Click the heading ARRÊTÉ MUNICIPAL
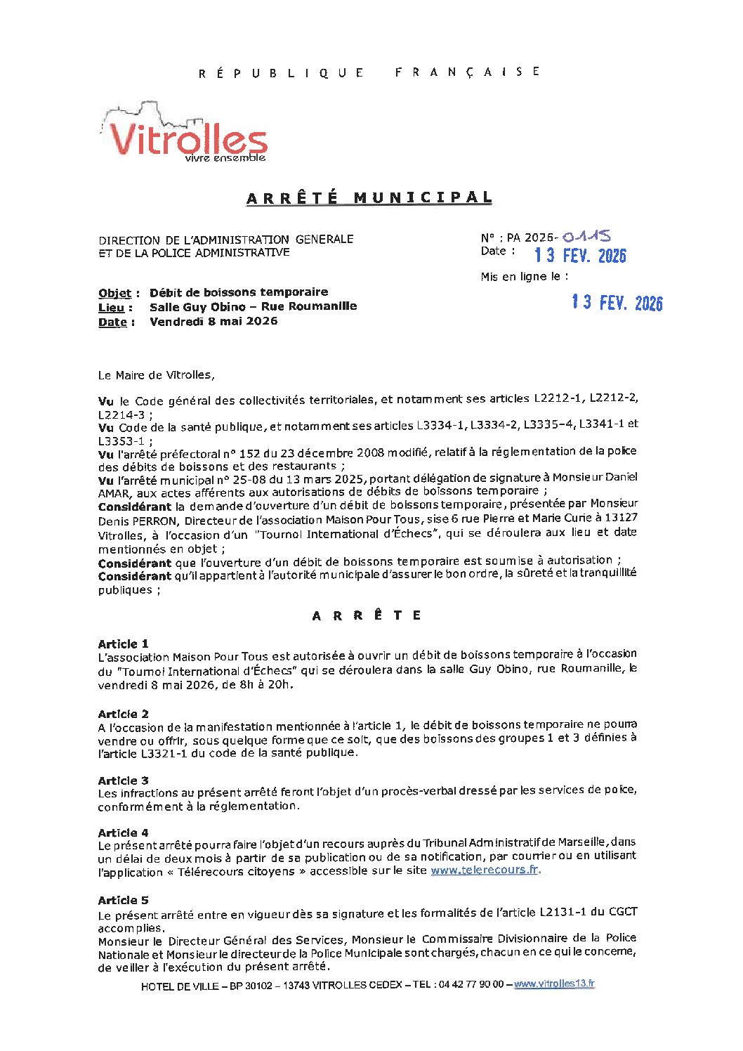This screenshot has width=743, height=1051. point(369,198)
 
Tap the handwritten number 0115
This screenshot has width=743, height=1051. point(586,237)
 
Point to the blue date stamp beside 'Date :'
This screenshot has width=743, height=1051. point(579,255)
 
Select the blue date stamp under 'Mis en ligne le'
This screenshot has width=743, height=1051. point(617,303)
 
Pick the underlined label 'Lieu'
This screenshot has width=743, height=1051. point(111,308)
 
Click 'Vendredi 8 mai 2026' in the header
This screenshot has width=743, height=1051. point(213,322)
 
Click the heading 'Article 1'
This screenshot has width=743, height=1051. point(123,644)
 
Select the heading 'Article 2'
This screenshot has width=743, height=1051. point(123,714)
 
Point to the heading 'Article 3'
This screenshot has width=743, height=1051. point(123,781)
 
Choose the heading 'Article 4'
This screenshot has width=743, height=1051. point(123,833)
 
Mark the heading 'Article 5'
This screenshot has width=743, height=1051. point(123,900)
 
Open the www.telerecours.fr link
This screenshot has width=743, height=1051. point(485,870)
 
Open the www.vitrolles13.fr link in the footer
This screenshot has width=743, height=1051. point(554,984)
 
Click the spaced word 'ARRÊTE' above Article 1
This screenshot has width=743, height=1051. point(367,615)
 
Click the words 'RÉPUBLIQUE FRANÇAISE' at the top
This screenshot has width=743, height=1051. point(369,72)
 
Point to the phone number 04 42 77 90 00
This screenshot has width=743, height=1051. point(471,984)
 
